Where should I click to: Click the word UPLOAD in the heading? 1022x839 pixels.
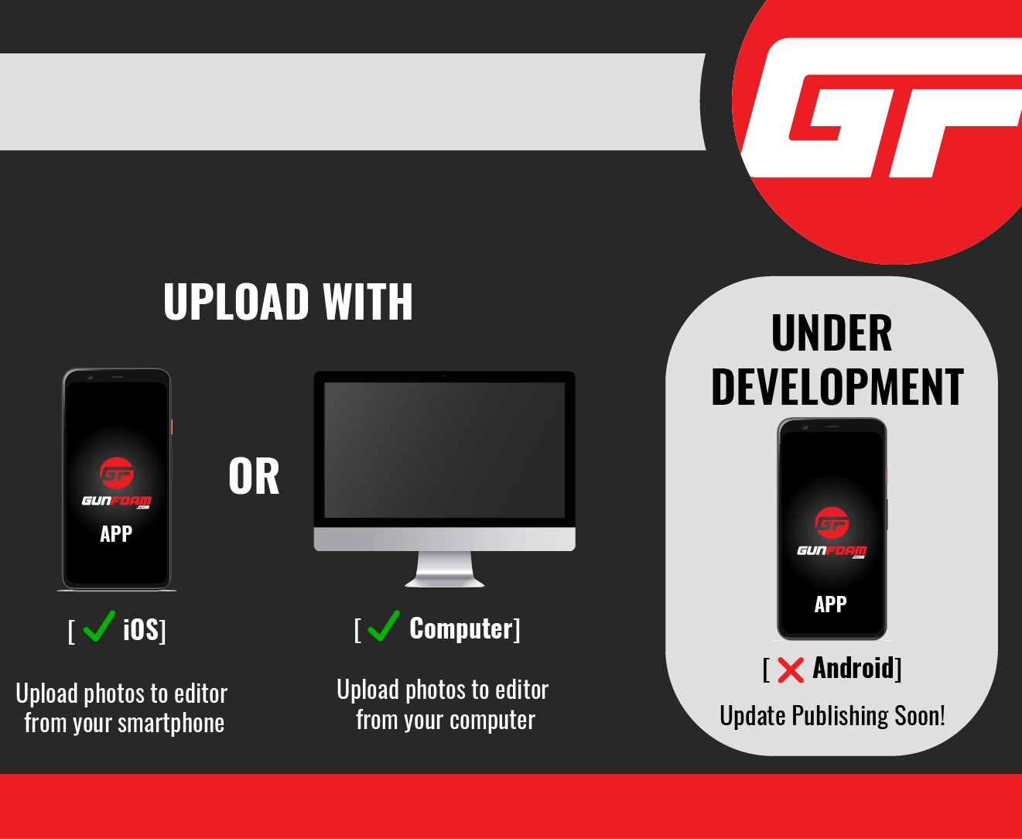point(236,302)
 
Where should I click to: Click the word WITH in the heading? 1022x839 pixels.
point(367,302)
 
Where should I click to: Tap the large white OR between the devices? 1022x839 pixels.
point(254,477)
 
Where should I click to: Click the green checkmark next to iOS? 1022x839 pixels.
point(99,626)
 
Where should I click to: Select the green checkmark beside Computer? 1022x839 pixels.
point(384,626)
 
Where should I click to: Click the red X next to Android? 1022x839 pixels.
point(791,669)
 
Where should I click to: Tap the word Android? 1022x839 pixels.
point(853,668)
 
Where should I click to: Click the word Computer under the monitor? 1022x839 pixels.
point(461,628)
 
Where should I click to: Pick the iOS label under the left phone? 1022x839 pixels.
point(141,629)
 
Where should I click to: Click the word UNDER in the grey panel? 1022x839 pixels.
point(832,333)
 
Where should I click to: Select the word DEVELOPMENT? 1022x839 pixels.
point(837,386)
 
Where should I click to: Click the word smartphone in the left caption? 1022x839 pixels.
point(171,724)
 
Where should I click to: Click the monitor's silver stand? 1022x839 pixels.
point(444,569)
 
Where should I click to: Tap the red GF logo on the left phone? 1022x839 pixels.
point(117,473)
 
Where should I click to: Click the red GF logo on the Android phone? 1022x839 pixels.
point(832,523)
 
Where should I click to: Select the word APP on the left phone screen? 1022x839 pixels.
point(116,534)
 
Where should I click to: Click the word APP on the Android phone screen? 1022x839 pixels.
point(831,604)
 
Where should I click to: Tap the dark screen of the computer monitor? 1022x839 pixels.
point(444,450)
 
